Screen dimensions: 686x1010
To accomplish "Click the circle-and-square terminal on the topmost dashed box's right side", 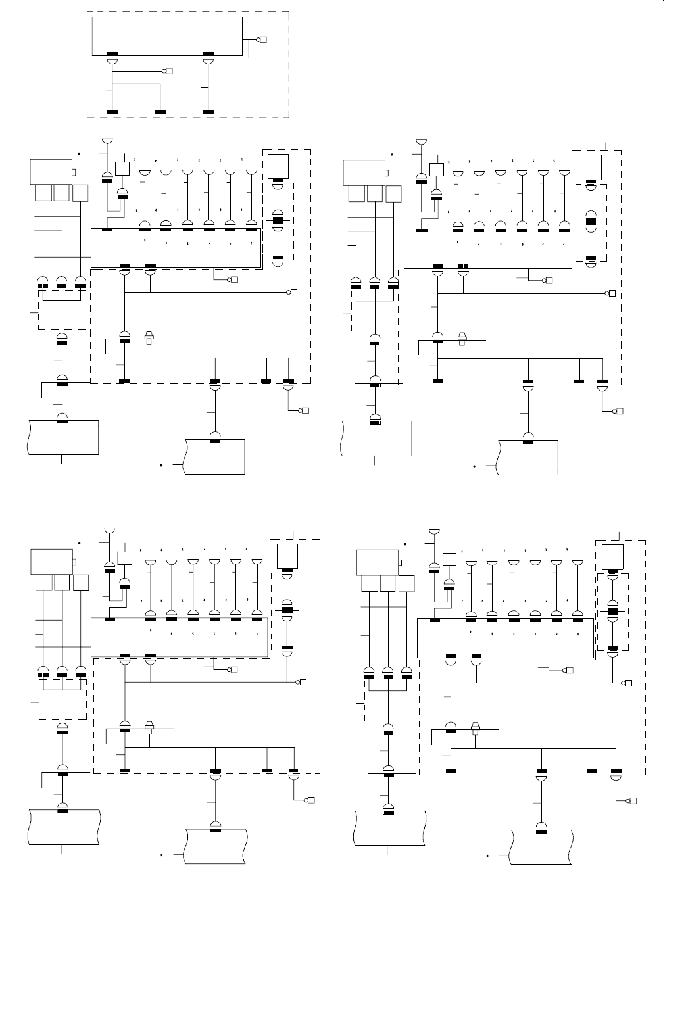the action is pyautogui.click(x=262, y=40).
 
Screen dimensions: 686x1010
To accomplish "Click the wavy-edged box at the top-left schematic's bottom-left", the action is pyautogui.click(x=63, y=437).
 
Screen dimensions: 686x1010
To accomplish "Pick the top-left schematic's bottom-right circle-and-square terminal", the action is pyautogui.click(x=305, y=411).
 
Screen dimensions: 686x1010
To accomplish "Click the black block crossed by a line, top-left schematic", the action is pyautogui.click(x=278, y=221).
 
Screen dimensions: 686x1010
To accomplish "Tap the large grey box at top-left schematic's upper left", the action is pyautogui.click(x=51, y=172).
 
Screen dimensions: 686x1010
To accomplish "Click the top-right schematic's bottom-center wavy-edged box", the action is pyautogui.click(x=528, y=457).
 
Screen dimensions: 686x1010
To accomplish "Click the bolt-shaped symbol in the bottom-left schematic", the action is pyautogui.click(x=149, y=728).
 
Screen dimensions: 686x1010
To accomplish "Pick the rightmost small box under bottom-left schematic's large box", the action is pyautogui.click(x=81, y=583).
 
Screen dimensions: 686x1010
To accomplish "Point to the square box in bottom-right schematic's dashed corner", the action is pyautogui.click(x=613, y=557).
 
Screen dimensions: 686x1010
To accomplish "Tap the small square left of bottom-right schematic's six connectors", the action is pyautogui.click(x=450, y=560).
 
